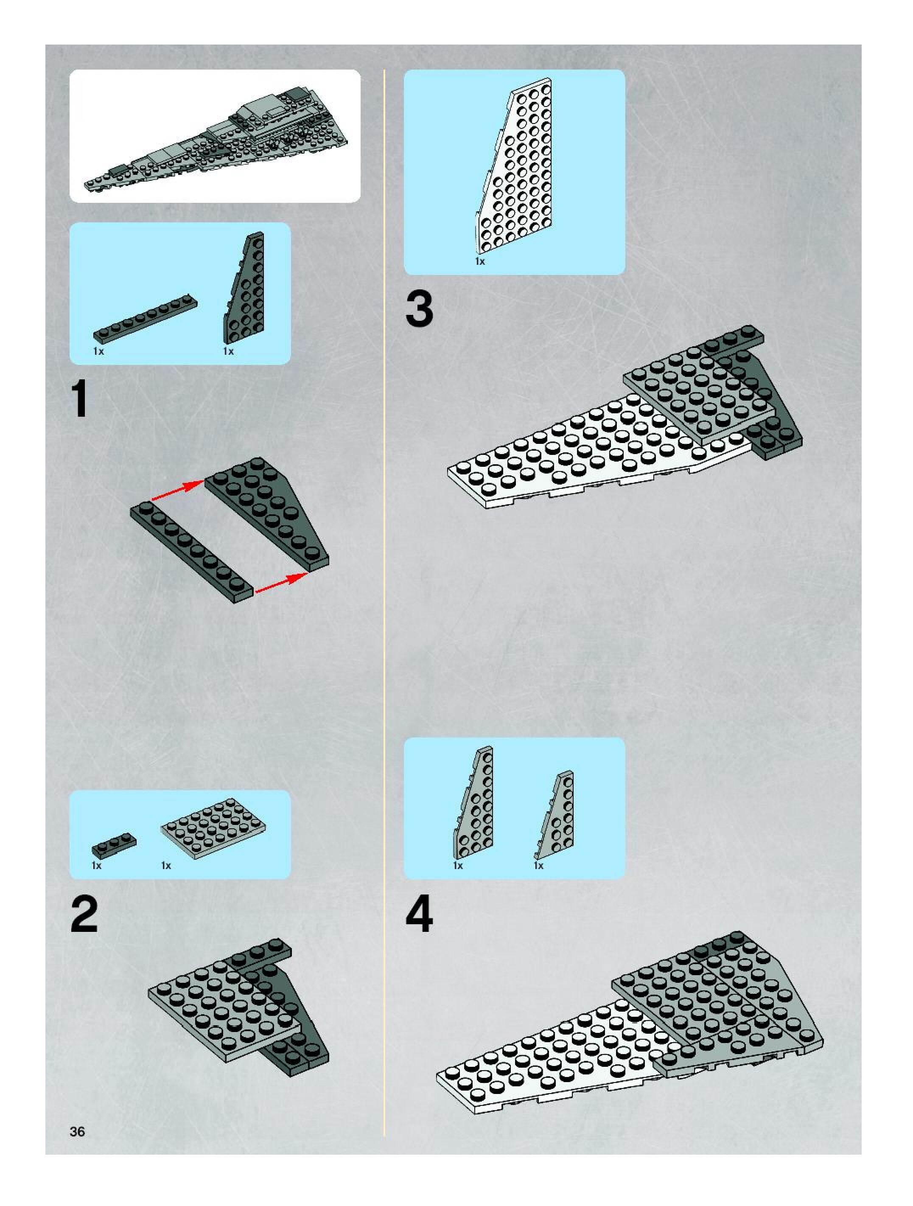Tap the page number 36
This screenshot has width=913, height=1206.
click(x=77, y=1132)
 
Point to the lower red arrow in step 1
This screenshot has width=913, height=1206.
click(x=279, y=582)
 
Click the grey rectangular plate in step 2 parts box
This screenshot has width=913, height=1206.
click(x=214, y=828)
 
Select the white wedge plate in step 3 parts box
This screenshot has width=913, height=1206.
click(x=513, y=166)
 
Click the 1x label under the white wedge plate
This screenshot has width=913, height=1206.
click(x=480, y=262)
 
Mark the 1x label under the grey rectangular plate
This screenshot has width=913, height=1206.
click(x=166, y=866)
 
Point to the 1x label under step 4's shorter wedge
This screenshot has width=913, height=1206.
click(x=538, y=866)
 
